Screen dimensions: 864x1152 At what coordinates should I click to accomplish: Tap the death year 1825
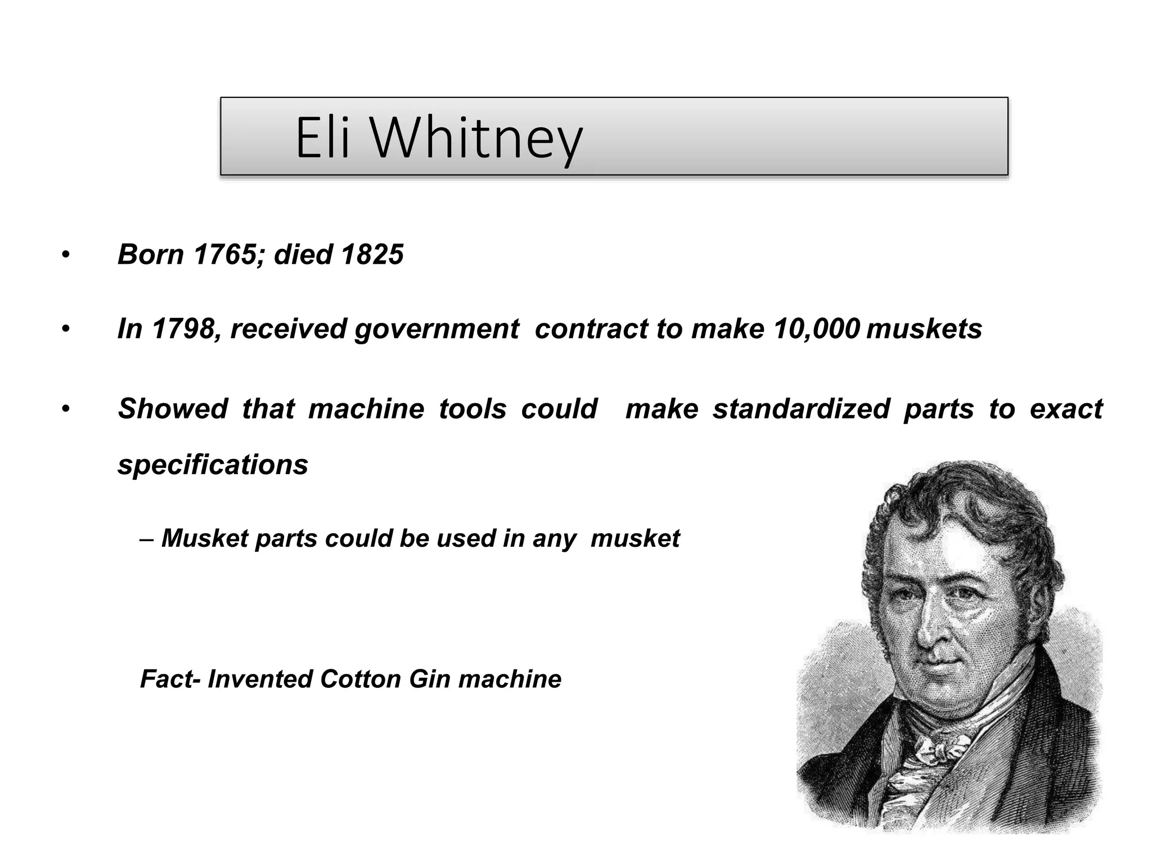(x=372, y=254)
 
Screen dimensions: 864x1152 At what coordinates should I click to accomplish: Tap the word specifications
(x=213, y=465)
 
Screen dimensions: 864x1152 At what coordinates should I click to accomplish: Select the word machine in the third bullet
(x=366, y=409)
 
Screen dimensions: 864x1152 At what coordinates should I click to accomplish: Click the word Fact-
(x=170, y=679)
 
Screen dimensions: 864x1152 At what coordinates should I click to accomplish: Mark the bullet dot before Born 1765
(x=66, y=255)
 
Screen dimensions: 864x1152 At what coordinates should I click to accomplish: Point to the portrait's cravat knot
(x=938, y=751)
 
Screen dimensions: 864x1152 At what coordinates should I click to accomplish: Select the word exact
(x=1066, y=409)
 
